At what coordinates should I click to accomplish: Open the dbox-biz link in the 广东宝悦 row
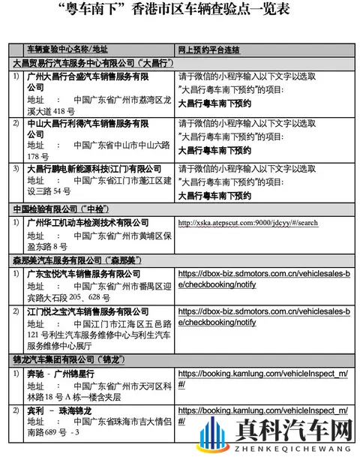263,279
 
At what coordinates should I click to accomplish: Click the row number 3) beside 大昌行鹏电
16,169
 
